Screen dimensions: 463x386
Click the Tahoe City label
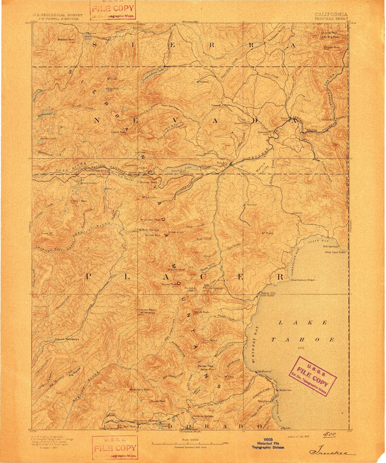pos(268,293)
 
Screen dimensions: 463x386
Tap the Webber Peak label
pos(66,40)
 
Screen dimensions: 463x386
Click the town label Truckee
pos(222,163)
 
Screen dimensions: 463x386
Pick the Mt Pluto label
pos(267,233)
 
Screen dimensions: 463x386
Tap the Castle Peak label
pos(118,132)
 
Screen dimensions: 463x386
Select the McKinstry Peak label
pos(139,390)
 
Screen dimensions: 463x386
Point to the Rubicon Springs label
pos(203,416)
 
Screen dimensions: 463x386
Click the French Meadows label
pos(67,339)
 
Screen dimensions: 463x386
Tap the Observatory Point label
pos(302,280)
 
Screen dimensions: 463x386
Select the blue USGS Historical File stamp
pos(268,443)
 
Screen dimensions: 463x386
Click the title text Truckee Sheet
pos(331,19)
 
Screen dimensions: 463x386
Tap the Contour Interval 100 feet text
pos(190,447)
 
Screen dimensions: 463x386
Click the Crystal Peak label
pos(332,47)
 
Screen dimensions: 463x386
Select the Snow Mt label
pos(47,233)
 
